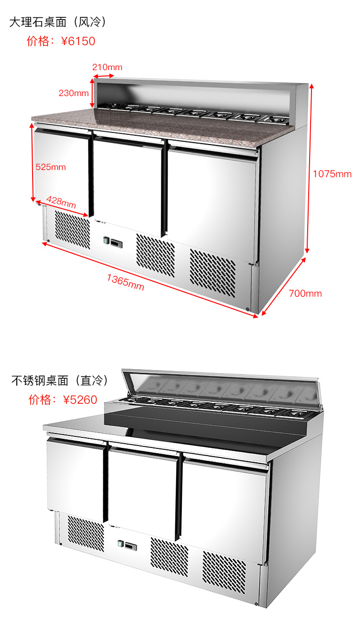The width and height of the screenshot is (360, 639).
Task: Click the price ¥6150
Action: tap(78, 41)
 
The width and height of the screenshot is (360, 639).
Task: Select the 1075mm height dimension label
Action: tap(332, 174)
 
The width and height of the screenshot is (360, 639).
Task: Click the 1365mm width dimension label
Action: tap(125, 281)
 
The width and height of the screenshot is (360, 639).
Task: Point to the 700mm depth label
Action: tap(305, 293)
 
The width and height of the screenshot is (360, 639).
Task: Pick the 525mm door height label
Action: tap(50, 167)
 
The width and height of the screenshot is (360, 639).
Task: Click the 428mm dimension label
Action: tap(61, 202)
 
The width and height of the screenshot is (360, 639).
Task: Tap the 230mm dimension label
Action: tap(73, 93)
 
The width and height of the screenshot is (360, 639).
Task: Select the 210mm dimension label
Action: tap(108, 67)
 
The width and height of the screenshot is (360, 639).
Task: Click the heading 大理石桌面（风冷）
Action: tap(58, 22)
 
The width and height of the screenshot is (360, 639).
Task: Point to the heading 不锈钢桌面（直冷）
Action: tap(60, 381)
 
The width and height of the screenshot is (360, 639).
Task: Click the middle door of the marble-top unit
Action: tap(127, 182)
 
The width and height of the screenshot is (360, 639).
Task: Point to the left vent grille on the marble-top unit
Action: tap(72, 230)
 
